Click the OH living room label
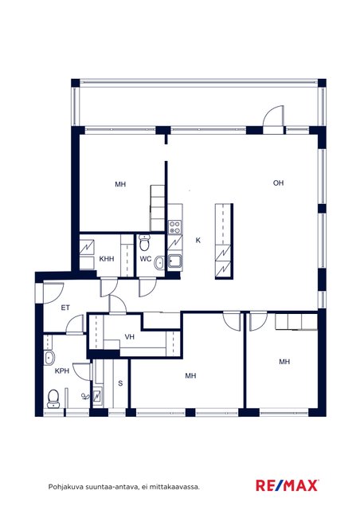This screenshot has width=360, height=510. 279,183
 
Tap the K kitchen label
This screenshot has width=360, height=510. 198,241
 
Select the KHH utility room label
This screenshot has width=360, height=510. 107,259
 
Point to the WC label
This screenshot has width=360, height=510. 146,259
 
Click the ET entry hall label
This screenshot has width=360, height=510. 65,308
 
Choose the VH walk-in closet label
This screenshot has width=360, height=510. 130,336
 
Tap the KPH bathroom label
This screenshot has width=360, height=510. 62,371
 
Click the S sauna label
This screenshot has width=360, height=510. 120,383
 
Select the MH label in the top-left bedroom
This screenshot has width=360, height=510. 120,184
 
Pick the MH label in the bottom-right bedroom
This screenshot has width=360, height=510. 284,361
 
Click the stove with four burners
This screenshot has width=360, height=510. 174,227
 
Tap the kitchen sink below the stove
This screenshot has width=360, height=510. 174,261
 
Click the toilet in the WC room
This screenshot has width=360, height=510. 143,243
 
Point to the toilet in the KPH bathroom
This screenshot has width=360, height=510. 53,398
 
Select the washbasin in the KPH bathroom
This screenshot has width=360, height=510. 49,358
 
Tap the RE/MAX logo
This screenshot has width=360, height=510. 288,485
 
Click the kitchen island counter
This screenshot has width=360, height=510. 224,241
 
